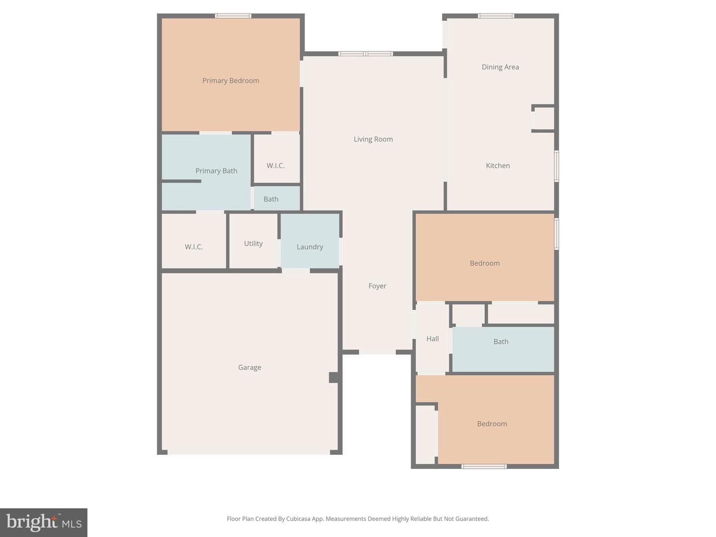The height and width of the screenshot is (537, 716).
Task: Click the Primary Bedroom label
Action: coord(231,81)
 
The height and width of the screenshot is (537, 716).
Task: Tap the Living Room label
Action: coord(373,139)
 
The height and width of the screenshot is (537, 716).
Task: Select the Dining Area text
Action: coord(500,67)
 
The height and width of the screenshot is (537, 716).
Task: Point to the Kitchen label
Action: coord(498,166)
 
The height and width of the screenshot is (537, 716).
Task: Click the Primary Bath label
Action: coord(216,171)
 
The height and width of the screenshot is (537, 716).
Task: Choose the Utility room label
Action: coord(253,244)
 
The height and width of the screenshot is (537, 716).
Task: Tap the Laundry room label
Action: coord(310,247)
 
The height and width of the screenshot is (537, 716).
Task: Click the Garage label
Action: coord(250,367)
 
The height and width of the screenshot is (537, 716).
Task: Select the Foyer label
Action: coord(377,286)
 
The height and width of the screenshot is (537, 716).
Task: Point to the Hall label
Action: coord(433,339)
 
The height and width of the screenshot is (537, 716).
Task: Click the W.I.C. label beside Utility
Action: coord(193,247)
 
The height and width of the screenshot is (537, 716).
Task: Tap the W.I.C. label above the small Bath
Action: coord(275,166)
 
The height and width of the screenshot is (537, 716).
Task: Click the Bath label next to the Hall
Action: coord(501,342)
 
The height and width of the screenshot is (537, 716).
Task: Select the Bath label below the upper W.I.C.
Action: coord(271,199)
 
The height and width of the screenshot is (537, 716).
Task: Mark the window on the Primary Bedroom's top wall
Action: coord(233,16)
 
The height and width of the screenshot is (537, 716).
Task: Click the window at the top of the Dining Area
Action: coord(496,16)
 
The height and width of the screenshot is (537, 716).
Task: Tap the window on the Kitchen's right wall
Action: coord(556,166)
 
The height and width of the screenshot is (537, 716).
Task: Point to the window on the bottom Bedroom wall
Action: coord(484,466)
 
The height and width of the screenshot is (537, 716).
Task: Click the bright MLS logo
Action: coord(44,522)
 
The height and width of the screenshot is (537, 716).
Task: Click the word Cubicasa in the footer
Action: coord(298,519)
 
